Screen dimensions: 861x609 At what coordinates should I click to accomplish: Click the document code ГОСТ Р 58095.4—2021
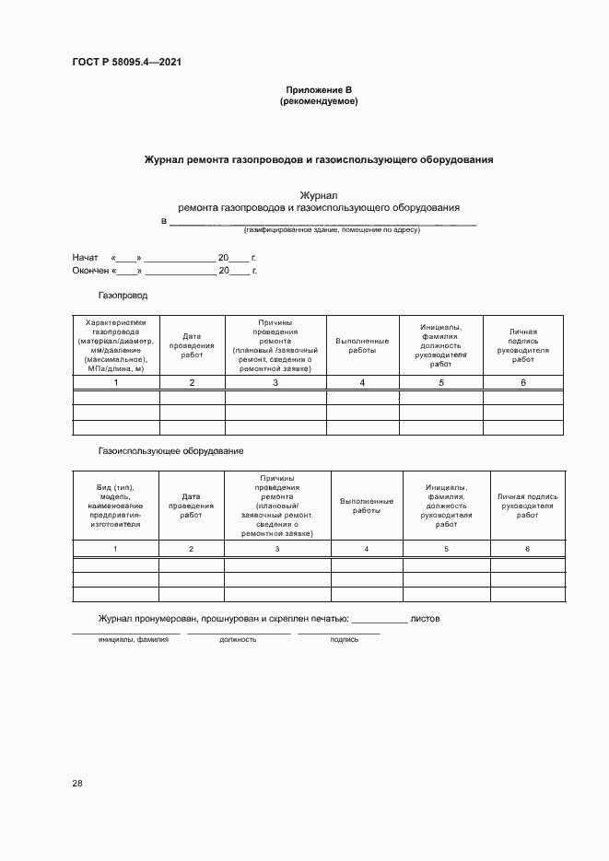pyautogui.click(x=126, y=63)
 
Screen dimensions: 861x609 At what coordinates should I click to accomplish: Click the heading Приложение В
pyautogui.click(x=319, y=89)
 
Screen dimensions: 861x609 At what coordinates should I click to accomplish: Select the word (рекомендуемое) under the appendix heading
pyautogui.click(x=319, y=101)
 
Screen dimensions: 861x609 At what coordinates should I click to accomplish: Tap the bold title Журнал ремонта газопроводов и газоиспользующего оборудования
pyautogui.click(x=318, y=159)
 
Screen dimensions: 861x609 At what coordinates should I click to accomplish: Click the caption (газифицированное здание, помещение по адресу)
pyautogui.click(x=332, y=229)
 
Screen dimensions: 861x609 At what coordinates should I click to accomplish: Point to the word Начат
pyautogui.click(x=85, y=258)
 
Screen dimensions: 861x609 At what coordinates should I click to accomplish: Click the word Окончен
pyautogui.click(x=90, y=271)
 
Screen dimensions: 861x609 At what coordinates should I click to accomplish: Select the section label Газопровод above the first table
pyautogui.click(x=123, y=296)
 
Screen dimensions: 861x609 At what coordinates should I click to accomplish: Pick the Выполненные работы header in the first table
pyautogui.click(x=362, y=345)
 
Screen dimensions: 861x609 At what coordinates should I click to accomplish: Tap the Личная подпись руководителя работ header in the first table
pyautogui.click(x=522, y=345)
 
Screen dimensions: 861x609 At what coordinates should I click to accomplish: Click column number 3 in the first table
pyautogui.click(x=275, y=382)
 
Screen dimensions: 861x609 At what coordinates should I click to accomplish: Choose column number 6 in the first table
pyautogui.click(x=522, y=382)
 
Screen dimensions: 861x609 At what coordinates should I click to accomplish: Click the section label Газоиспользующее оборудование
pyautogui.click(x=170, y=450)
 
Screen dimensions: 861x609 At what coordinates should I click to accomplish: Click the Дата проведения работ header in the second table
pyautogui.click(x=192, y=506)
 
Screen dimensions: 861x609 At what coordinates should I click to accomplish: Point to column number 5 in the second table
pyautogui.click(x=447, y=549)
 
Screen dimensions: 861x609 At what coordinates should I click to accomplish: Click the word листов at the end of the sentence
pyautogui.click(x=425, y=619)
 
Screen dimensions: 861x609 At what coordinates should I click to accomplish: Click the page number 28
pyautogui.click(x=77, y=783)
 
